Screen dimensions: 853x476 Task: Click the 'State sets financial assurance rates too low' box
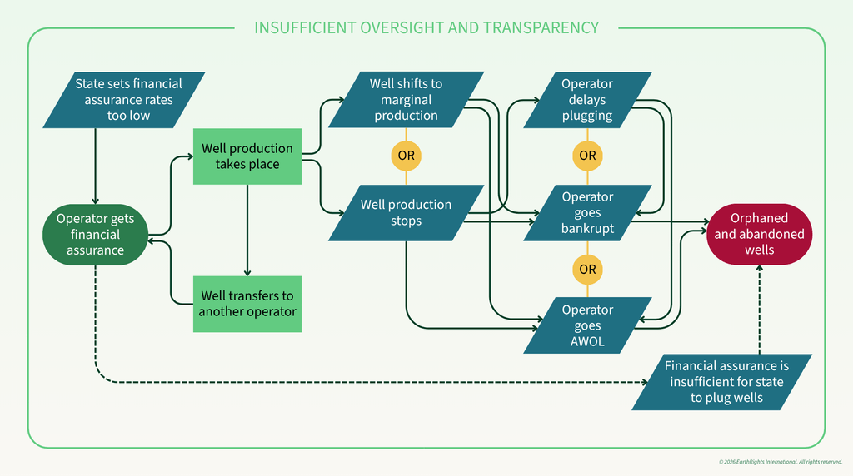124,100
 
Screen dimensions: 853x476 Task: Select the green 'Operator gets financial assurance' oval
95,234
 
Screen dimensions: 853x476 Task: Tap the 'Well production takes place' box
247,156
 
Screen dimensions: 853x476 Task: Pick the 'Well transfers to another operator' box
247,304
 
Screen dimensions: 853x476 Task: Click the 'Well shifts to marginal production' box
406,100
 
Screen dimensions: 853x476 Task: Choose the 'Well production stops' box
406,213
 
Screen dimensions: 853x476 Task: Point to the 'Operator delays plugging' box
587,100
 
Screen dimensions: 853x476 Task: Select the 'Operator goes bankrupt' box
587,213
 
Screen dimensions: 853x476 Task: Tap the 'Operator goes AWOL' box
587,325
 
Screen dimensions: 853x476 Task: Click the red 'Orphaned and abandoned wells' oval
760,234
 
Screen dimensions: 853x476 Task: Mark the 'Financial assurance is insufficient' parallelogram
722,382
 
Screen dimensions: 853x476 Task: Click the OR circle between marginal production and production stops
406,156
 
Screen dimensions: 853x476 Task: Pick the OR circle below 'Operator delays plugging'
587,156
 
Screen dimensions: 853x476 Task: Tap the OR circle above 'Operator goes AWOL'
587,270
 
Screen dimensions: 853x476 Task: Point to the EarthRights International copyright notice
781,462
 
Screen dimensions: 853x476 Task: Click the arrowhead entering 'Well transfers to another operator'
247,273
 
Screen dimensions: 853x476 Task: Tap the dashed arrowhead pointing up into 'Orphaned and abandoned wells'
760,269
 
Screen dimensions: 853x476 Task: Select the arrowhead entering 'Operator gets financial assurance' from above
95,201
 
